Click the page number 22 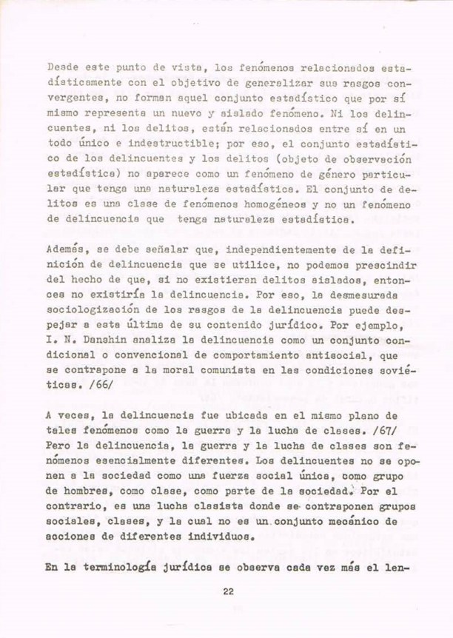pos(227,590)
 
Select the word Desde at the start pos(61,66)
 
